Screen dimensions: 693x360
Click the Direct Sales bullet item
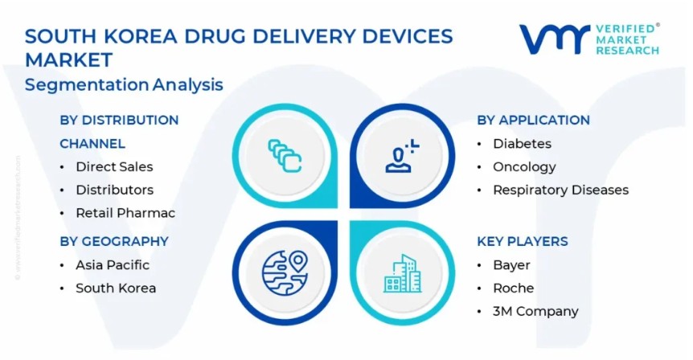[x=114, y=166]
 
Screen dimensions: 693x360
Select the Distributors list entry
[x=114, y=190]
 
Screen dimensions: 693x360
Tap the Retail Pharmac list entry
[x=125, y=213]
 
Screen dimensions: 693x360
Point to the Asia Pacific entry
[x=113, y=264]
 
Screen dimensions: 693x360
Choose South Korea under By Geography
[x=116, y=288]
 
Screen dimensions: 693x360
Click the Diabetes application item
[x=522, y=144]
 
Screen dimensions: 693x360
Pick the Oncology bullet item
[x=524, y=167]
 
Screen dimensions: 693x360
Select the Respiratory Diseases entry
[x=560, y=190]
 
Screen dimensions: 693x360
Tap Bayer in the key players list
[x=511, y=265]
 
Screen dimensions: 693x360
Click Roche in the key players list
[x=513, y=288]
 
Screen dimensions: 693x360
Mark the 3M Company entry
[x=535, y=312]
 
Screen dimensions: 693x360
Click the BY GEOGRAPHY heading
[x=114, y=241]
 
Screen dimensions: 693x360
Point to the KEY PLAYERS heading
[x=523, y=241]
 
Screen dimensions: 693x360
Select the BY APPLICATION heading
[x=533, y=121]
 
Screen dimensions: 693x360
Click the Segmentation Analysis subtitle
[x=124, y=84]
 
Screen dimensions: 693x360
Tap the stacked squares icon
[x=285, y=155]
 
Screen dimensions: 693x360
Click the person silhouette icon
[x=402, y=156]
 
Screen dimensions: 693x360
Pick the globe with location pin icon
[x=285, y=272]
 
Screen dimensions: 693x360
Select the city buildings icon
[x=402, y=273]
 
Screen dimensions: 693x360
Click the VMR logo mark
[x=554, y=39]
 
